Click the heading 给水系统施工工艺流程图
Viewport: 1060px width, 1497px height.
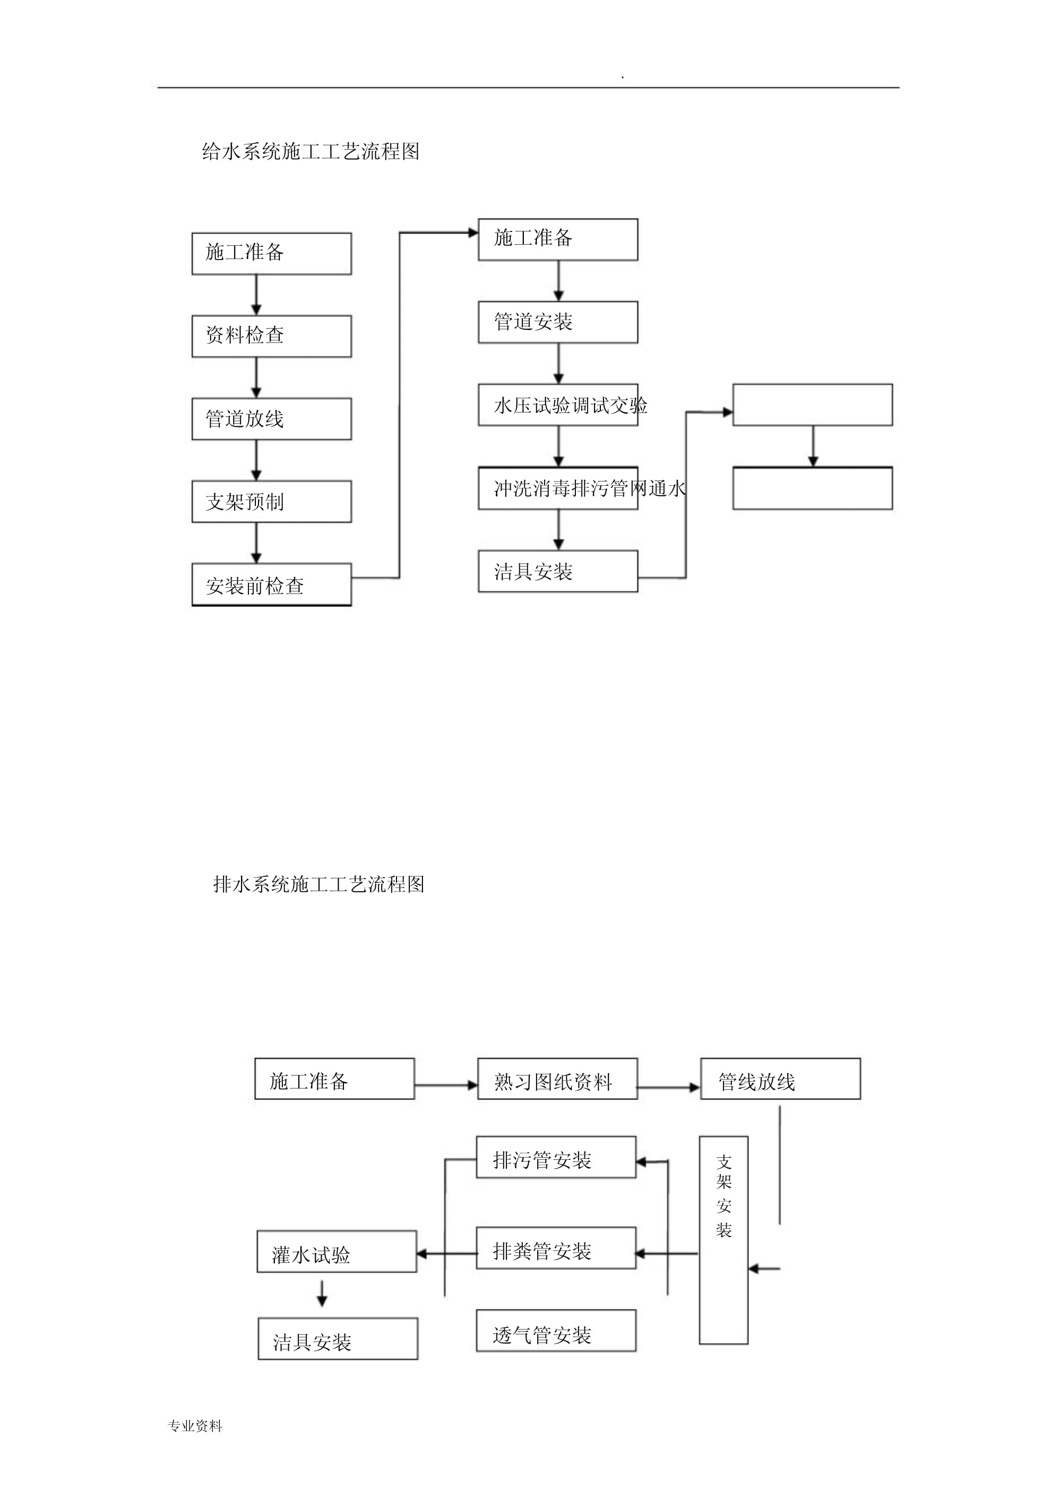[311, 151]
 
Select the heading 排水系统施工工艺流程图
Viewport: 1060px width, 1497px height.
[318, 884]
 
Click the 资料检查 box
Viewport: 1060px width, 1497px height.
[272, 336]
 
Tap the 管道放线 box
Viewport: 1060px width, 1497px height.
[272, 418]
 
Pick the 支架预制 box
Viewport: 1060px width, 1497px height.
[272, 502]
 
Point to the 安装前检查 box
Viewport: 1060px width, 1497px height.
[272, 585]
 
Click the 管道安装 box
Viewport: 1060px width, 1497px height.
[557, 322]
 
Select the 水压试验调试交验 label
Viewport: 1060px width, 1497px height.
[571, 406]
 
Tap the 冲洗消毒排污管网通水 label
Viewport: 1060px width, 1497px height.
[589, 488]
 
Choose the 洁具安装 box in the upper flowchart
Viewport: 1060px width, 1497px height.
[557, 571]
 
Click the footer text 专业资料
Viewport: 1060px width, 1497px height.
[195, 1426]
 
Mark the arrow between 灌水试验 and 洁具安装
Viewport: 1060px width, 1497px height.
[322, 1293]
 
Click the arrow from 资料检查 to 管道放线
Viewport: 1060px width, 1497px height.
[256, 377]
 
